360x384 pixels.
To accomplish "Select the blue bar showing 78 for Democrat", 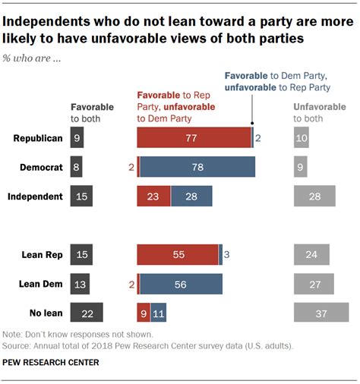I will [x=197, y=167].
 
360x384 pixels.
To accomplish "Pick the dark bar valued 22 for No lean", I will [x=86, y=313].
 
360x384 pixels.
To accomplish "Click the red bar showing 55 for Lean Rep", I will [x=178, y=255].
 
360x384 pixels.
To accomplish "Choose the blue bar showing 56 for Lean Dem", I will [x=181, y=284].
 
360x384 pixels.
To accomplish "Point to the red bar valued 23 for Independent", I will [x=153, y=197].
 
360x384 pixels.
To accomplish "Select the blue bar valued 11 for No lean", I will [x=158, y=313].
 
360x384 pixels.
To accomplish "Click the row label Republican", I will [x=37, y=137].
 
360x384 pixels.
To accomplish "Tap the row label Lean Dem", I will [x=40, y=284].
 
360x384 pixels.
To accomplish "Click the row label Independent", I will [x=35, y=197].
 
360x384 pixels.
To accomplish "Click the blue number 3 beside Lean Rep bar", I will [x=226, y=255].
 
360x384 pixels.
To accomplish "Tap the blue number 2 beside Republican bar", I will [x=258, y=137].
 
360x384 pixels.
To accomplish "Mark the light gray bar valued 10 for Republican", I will [x=302, y=137].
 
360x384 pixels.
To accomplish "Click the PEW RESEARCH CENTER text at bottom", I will [x=50, y=362].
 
